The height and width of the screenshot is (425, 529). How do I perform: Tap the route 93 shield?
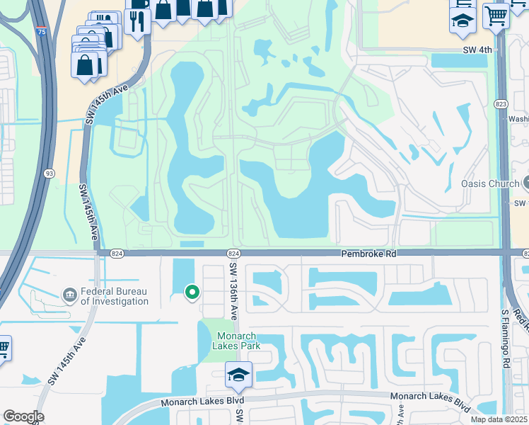click(x=49, y=174)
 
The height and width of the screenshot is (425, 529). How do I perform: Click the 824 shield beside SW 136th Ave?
click(x=233, y=254)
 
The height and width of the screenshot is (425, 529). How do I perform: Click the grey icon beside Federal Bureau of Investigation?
click(x=69, y=294)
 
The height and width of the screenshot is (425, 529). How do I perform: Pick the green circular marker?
click(x=191, y=290)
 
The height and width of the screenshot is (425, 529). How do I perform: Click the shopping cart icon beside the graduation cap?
click(x=496, y=14)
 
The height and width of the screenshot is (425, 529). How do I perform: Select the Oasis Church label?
click(x=489, y=183)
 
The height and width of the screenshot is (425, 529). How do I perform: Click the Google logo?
click(x=23, y=416)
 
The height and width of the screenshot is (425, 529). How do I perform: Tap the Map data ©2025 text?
click(x=498, y=419)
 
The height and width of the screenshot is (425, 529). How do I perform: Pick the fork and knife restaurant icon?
click(x=136, y=21)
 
